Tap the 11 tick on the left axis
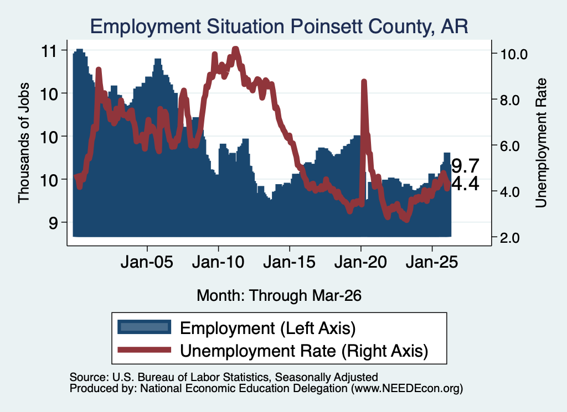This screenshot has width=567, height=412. [x=49, y=51]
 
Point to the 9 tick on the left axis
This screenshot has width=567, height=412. [x=53, y=223]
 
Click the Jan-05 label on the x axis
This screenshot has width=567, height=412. [x=147, y=262]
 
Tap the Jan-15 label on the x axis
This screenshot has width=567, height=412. [x=289, y=262]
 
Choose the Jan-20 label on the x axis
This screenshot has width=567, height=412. [x=360, y=262]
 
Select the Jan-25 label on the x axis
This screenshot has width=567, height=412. [x=432, y=262]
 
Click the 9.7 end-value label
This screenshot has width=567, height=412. [x=465, y=166]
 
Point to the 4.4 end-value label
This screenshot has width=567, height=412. [x=465, y=184]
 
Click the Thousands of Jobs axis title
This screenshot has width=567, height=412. [x=23, y=143]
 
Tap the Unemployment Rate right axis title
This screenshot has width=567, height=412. [x=541, y=143]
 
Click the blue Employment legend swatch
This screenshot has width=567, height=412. [x=145, y=327]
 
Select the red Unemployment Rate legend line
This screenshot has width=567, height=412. [x=145, y=350]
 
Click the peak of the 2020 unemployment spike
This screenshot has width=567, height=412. [x=364, y=82]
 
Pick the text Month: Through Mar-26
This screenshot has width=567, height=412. [x=279, y=295]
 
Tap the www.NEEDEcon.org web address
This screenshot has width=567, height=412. [x=407, y=388]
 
